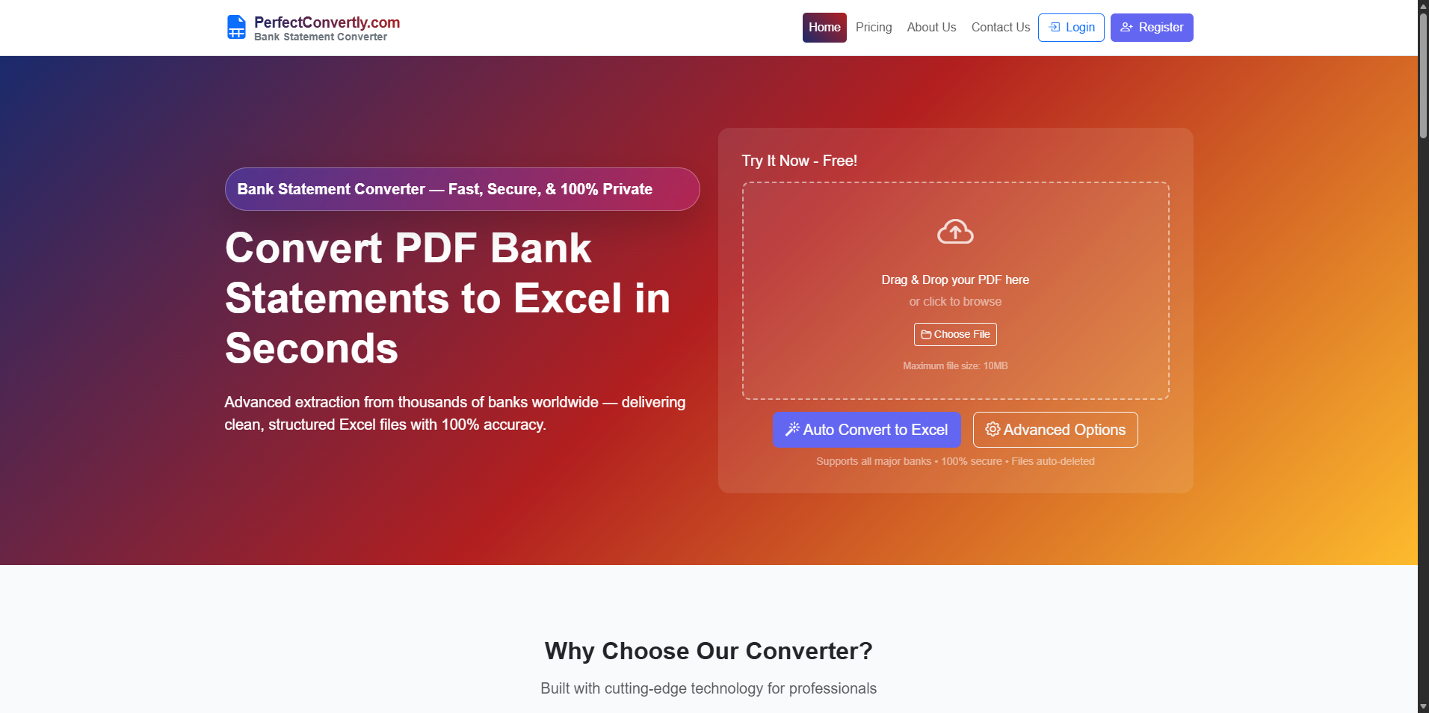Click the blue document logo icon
click(236, 28)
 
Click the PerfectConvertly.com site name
click(327, 22)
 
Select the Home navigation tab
click(824, 28)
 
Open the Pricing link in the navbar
click(874, 28)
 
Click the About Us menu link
click(931, 28)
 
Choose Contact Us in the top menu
click(1000, 28)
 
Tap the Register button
click(1151, 28)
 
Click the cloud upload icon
click(955, 232)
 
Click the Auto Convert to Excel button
click(866, 430)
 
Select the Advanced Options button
click(1055, 430)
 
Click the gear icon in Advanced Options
click(993, 429)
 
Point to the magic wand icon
click(792, 429)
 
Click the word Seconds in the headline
click(312, 348)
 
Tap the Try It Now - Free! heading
click(799, 161)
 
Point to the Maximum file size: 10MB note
click(955, 365)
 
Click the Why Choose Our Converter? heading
click(709, 651)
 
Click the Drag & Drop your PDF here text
click(955, 280)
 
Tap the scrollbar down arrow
click(1423, 706)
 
